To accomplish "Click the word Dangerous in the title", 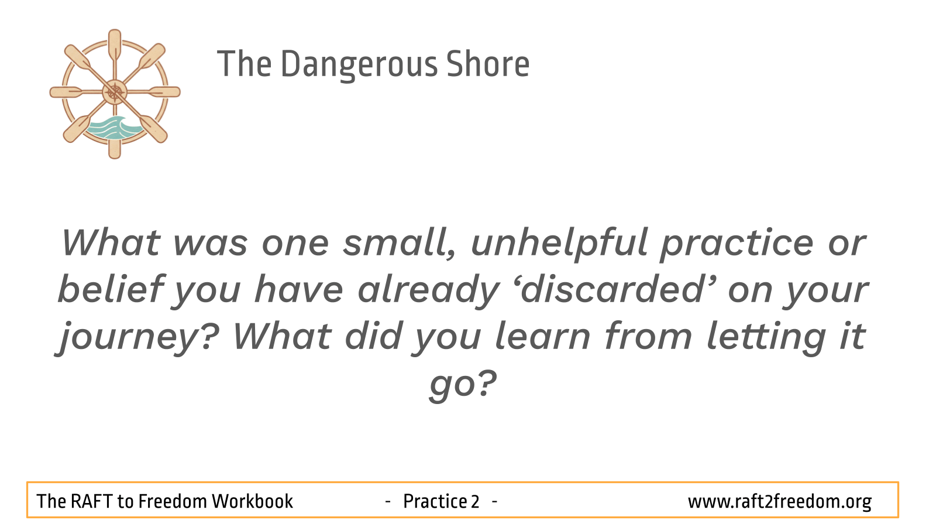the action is point(359,65).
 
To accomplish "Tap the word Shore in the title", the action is point(488,64).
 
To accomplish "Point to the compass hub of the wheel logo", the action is point(115,92).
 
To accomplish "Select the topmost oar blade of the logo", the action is point(115,43).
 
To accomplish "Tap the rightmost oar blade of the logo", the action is point(166,92).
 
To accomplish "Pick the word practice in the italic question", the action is point(737,244).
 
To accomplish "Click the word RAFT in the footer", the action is point(92,501).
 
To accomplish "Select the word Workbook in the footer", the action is point(252,501).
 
